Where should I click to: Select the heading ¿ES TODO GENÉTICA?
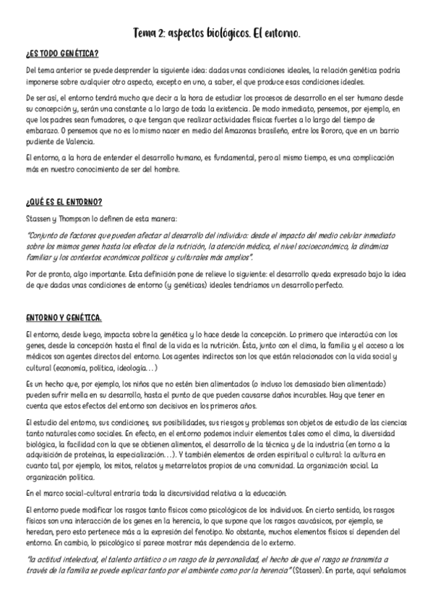(61, 54)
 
